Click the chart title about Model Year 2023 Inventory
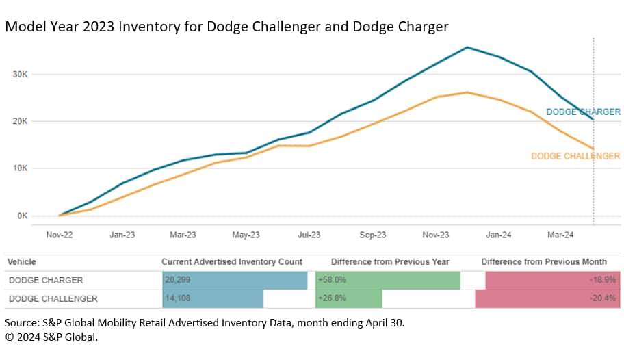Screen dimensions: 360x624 point(226,27)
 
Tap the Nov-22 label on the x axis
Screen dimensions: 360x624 point(59,235)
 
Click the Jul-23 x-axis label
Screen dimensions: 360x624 point(309,235)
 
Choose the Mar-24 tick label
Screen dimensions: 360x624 point(560,235)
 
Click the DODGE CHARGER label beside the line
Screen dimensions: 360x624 point(583,112)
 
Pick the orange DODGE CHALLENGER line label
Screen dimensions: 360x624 point(575,156)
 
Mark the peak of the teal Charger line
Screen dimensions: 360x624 point(467,47)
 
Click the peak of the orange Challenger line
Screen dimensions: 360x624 point(467,92)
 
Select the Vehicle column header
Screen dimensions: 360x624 point(22,261)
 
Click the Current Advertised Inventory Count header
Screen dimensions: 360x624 point(232,261)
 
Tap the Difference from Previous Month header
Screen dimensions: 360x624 point(544,261)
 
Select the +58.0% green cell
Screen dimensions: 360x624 point(331,280)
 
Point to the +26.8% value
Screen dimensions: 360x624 point(331,298)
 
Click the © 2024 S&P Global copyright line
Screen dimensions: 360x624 point(51,337)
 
